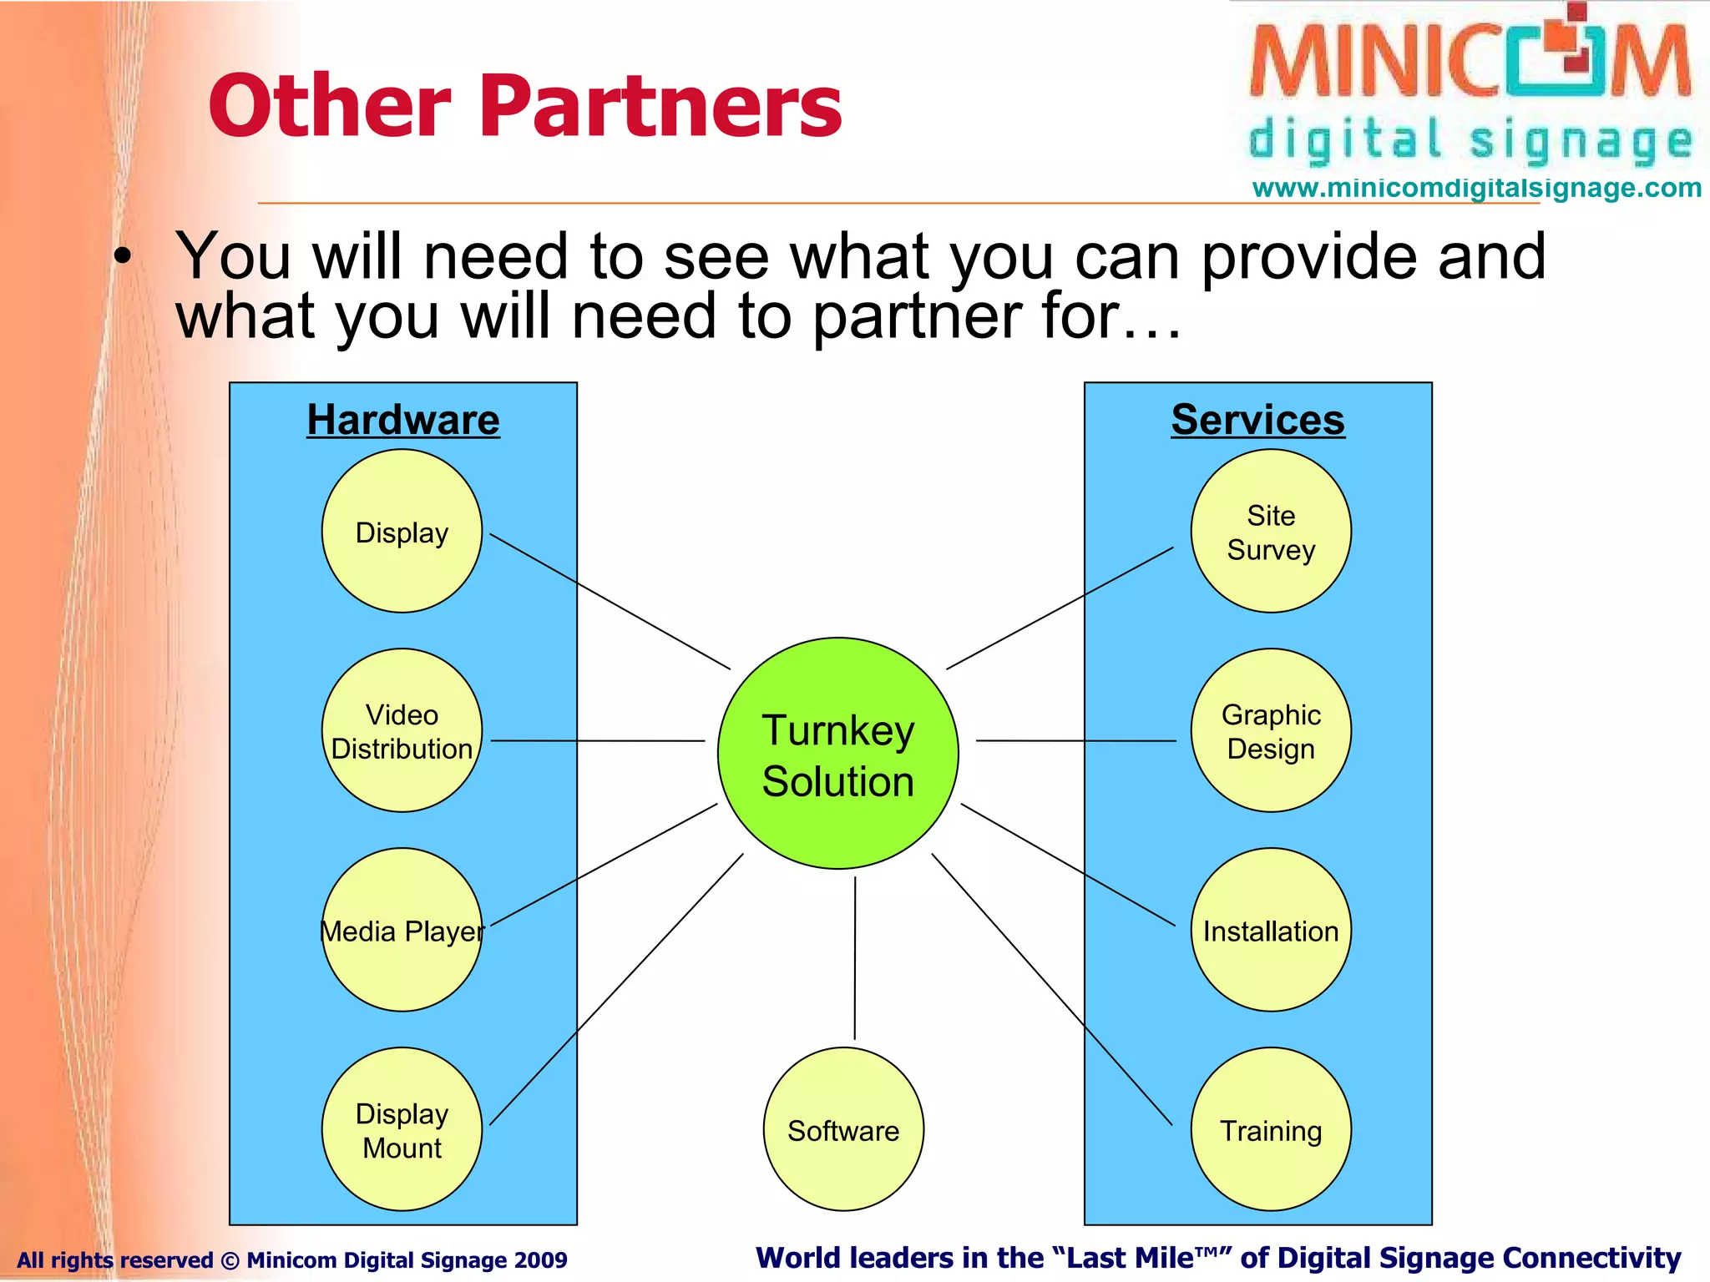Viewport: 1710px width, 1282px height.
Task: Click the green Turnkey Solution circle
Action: [x=837, y=754]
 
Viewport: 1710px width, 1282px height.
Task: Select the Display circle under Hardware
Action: [x=402, y=532]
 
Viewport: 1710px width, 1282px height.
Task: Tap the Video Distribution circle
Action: [x=402, y=730]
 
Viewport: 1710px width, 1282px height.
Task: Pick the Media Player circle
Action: [x=402, y=930]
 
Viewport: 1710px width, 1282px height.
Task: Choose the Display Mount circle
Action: [x=402, y=1129]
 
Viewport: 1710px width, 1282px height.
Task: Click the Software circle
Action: [x=843, y=1129]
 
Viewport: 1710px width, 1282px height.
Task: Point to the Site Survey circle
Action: [x=1270, y=532]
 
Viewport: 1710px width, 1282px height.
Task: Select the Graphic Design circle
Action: [x=1270, y=730]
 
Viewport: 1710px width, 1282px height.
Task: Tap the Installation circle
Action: [x=1270, y=930]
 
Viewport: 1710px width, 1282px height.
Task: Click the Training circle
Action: [x=1270, y=1129]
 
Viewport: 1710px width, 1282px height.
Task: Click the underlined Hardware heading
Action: [x=403, y=420]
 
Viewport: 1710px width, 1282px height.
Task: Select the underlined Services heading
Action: [x=1257, y=420]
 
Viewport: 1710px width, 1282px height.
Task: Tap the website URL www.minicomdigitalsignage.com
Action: [x=1476, y=188]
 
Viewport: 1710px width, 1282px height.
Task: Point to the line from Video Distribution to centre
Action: [x=597, y=740]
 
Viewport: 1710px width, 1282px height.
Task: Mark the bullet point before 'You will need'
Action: [x=124, y=258]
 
